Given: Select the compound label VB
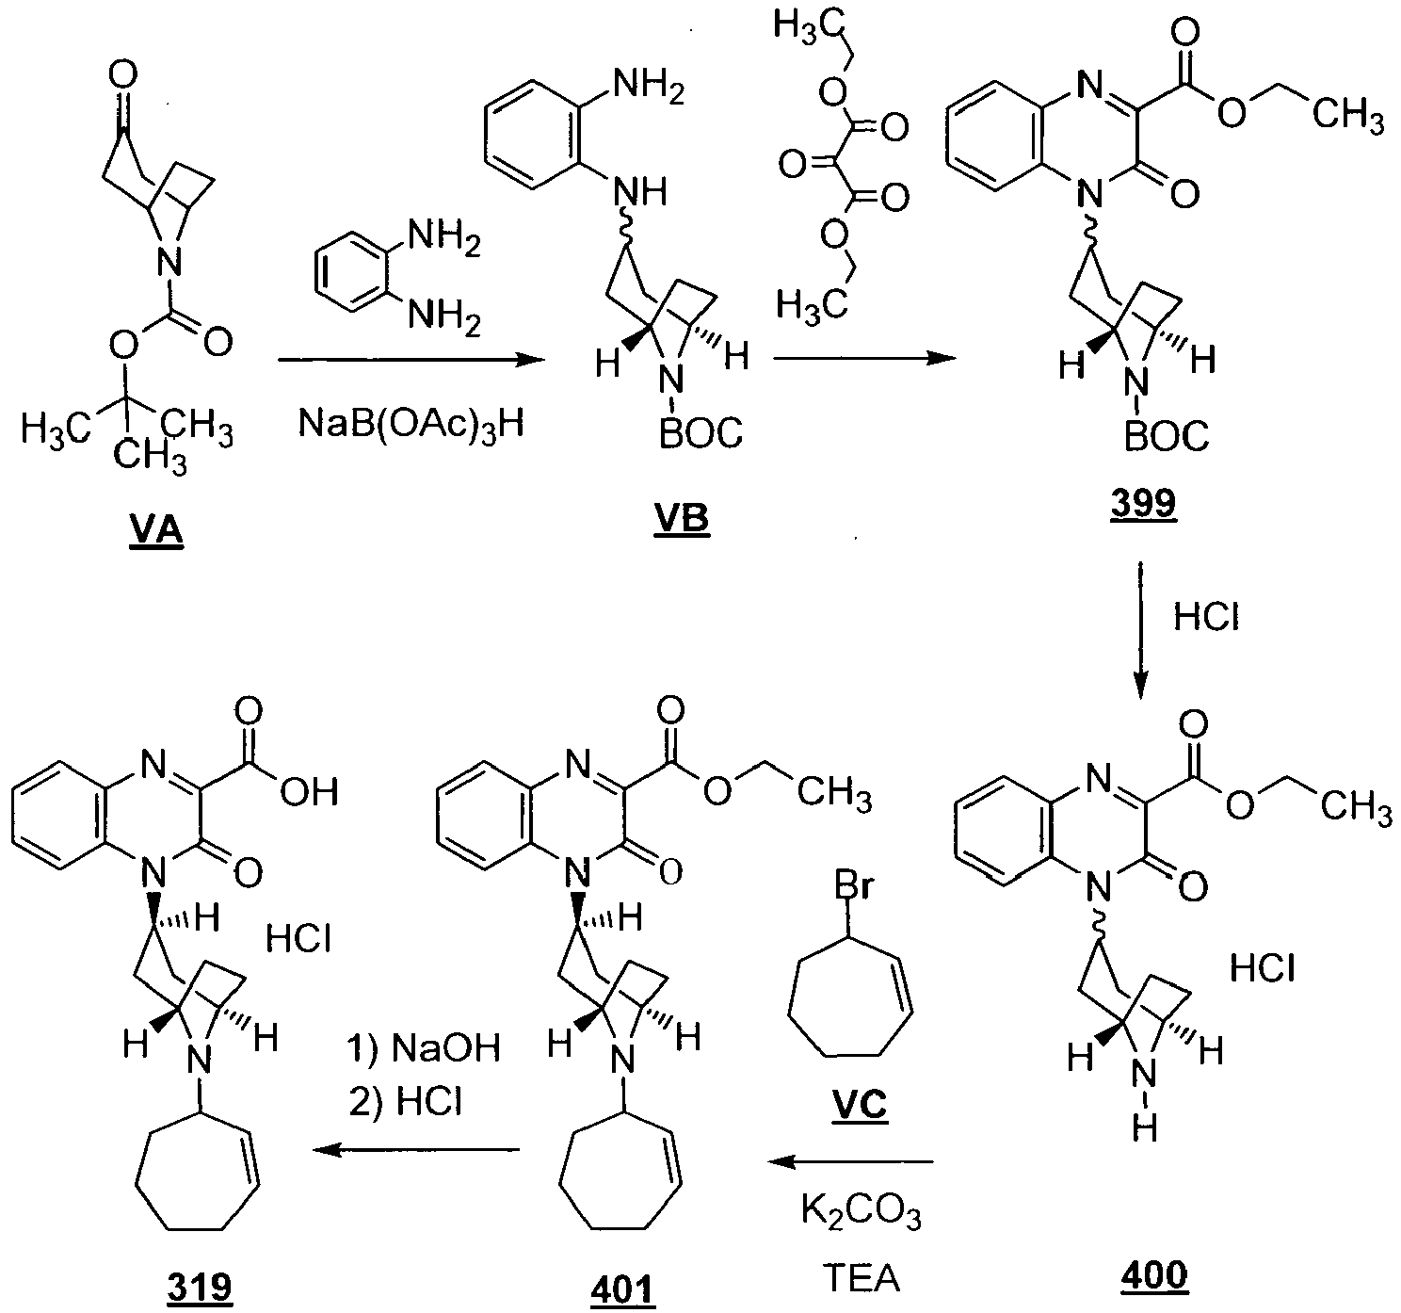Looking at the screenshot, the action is (682, 520).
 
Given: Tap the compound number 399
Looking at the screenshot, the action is (1144, 503).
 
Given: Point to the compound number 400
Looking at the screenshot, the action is (1155, 1275).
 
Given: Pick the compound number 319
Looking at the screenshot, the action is (200, 1287).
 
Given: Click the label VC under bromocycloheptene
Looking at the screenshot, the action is (860, 1105).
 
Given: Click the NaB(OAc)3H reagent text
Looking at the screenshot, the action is (411, 425).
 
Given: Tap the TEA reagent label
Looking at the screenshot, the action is (862, 1278).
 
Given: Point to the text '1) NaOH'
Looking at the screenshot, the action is (424, 1047).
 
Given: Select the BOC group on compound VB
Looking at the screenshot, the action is (700, 432).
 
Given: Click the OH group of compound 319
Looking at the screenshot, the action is (309, 793).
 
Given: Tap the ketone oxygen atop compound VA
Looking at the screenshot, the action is (124, 74).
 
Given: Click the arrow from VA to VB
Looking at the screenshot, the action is (412, 360).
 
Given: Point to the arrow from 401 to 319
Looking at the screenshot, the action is (416, 1150).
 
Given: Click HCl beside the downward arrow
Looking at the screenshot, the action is (1206, 617).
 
